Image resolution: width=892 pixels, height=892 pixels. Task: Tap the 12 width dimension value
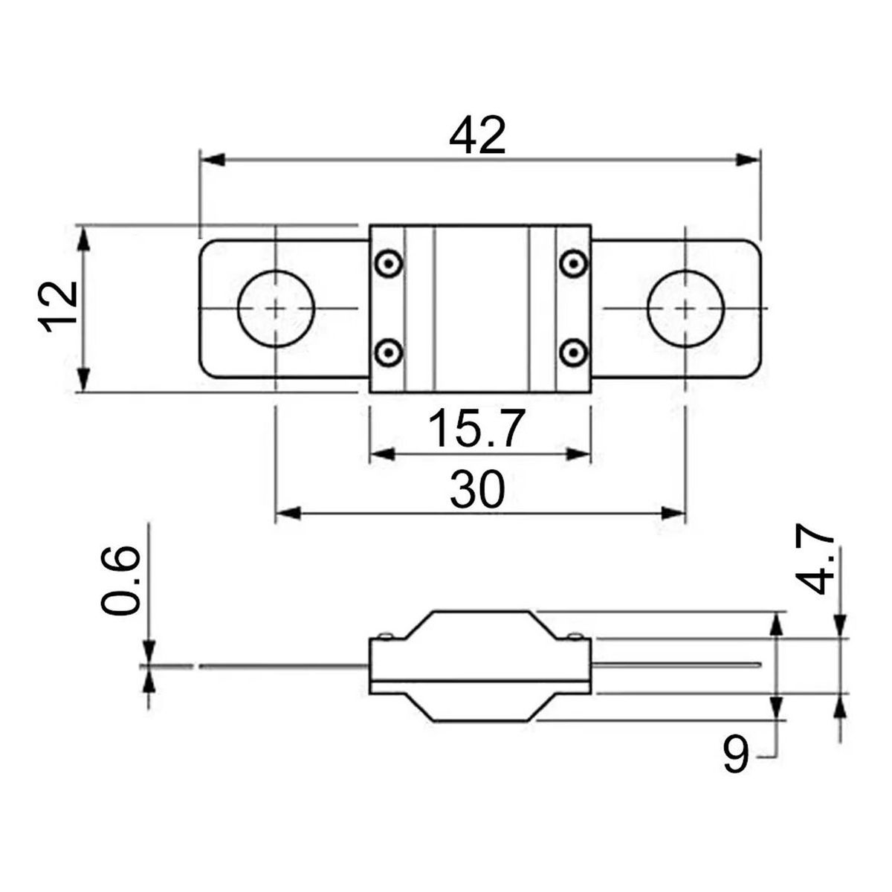(x=59, y=306)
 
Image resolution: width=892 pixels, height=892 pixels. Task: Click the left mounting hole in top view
(x=276, y=308)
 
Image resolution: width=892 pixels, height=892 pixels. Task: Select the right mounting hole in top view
(x=685, y=308)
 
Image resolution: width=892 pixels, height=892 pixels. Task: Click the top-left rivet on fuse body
(x=387, y=262)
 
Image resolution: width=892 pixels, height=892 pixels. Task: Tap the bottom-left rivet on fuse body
(x=387, y=352)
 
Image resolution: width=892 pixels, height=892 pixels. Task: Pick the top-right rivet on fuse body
(x=572, y=262)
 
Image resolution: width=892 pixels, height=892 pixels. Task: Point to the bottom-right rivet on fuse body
(x=572, y=352)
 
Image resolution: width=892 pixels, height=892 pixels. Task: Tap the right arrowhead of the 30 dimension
(x=673, y=513)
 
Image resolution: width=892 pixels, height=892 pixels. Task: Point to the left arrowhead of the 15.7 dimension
(x=381, y=454)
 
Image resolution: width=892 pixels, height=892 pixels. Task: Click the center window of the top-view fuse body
(x=480, y=308)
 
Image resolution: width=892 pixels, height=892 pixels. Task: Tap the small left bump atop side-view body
(x=384, y=636)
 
